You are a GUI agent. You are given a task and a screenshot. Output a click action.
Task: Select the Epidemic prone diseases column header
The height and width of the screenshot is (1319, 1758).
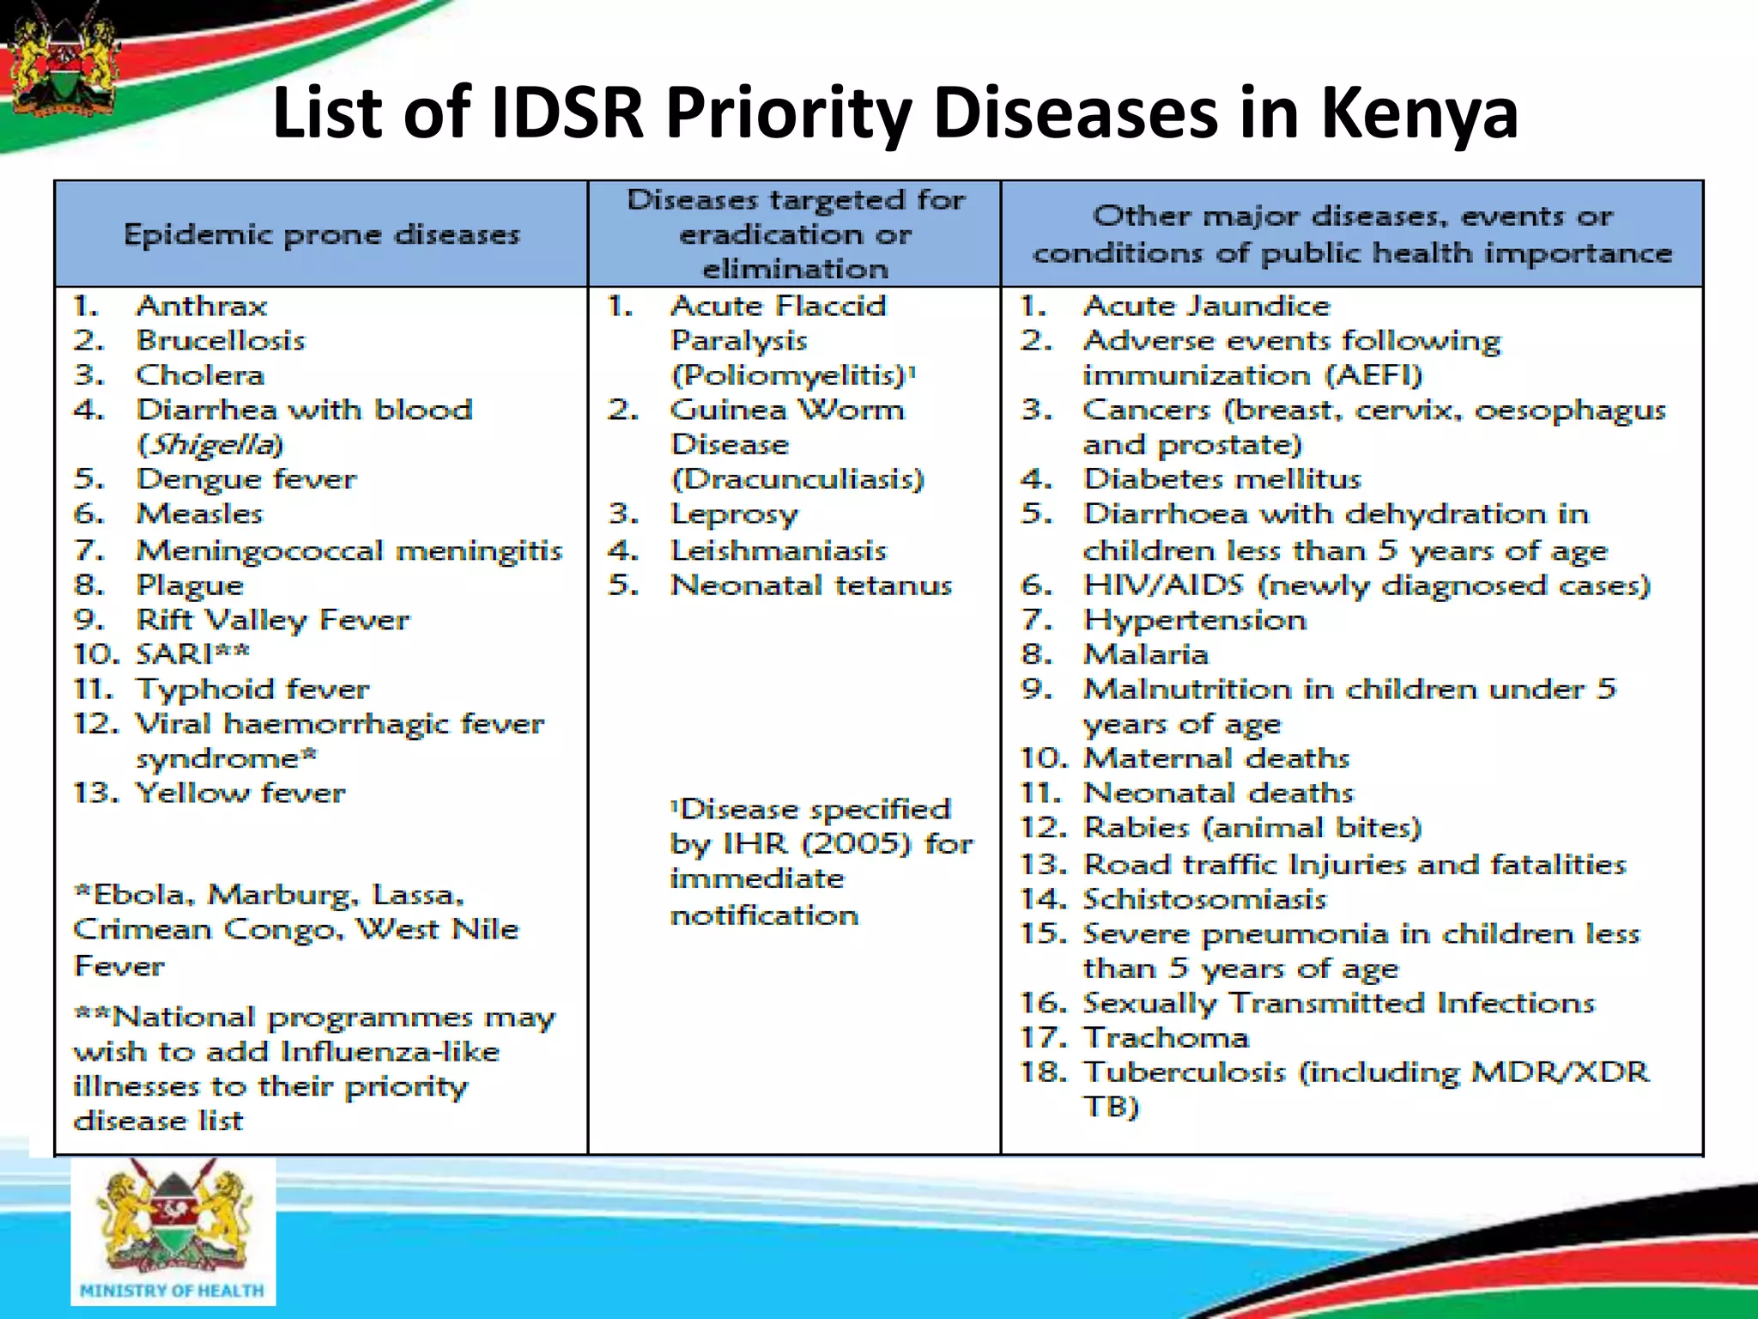(x=322, y=234)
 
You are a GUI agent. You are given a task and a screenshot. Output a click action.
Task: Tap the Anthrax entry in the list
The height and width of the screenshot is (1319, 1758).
(x=202, y=306)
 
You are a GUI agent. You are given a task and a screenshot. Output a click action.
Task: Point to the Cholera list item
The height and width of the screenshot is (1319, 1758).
(x=200, y=375)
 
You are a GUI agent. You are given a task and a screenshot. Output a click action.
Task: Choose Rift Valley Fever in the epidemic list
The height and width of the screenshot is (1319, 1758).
(x=273, y=620)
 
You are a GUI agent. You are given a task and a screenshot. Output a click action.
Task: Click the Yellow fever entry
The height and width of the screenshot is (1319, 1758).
(x=240, y=793)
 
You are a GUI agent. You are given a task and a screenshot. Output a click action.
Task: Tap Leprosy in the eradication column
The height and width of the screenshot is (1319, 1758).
(x=734, y=514)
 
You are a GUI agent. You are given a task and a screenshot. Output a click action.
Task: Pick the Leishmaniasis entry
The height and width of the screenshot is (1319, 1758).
(x=778, y=550)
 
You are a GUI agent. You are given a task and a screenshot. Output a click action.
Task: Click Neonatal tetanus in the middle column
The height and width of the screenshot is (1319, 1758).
(x=811, y=586)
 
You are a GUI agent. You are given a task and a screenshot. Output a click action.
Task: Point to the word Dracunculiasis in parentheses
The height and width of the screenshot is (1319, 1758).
(x=797, y=479)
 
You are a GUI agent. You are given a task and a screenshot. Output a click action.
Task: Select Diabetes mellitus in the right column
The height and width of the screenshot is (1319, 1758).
(x=1222, y=479)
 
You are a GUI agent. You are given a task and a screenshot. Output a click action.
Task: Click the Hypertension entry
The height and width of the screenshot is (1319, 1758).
(x=1195, y=620)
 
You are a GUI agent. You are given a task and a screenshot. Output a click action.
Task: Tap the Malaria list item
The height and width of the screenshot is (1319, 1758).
(x=1146, y=654)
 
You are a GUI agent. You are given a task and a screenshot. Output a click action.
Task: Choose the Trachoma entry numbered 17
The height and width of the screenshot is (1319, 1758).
(x=1166, y=1037)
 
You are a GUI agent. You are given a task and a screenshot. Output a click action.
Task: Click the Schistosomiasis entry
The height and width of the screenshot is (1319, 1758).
(x=1204, y=899)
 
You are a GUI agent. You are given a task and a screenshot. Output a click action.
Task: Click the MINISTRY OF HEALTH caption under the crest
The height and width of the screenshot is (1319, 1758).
(x=173, y=1291)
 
